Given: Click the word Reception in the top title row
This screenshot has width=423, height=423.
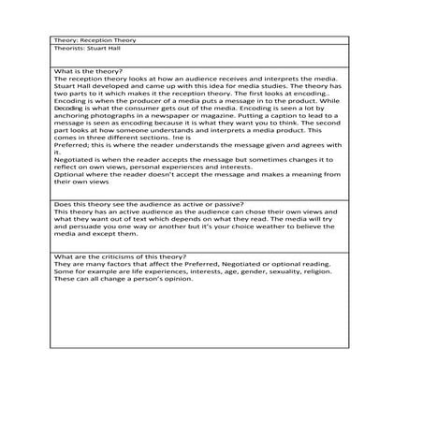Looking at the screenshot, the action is [x=95, y=41].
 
